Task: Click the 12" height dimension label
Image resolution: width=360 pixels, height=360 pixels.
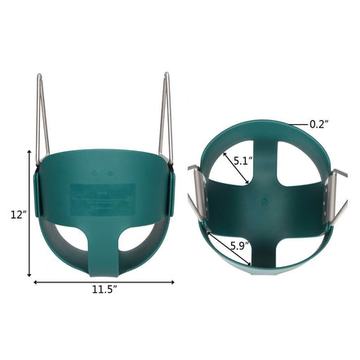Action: pyautogui.click(x=16, y=215)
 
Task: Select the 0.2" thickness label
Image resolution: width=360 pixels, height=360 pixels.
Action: pyautogui.click(x=318, y=124)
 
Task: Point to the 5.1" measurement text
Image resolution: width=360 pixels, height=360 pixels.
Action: pyautogui.click(x=242, y=162)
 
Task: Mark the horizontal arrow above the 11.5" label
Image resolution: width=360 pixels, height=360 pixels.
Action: pyautogui.click(x=104, y=283)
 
